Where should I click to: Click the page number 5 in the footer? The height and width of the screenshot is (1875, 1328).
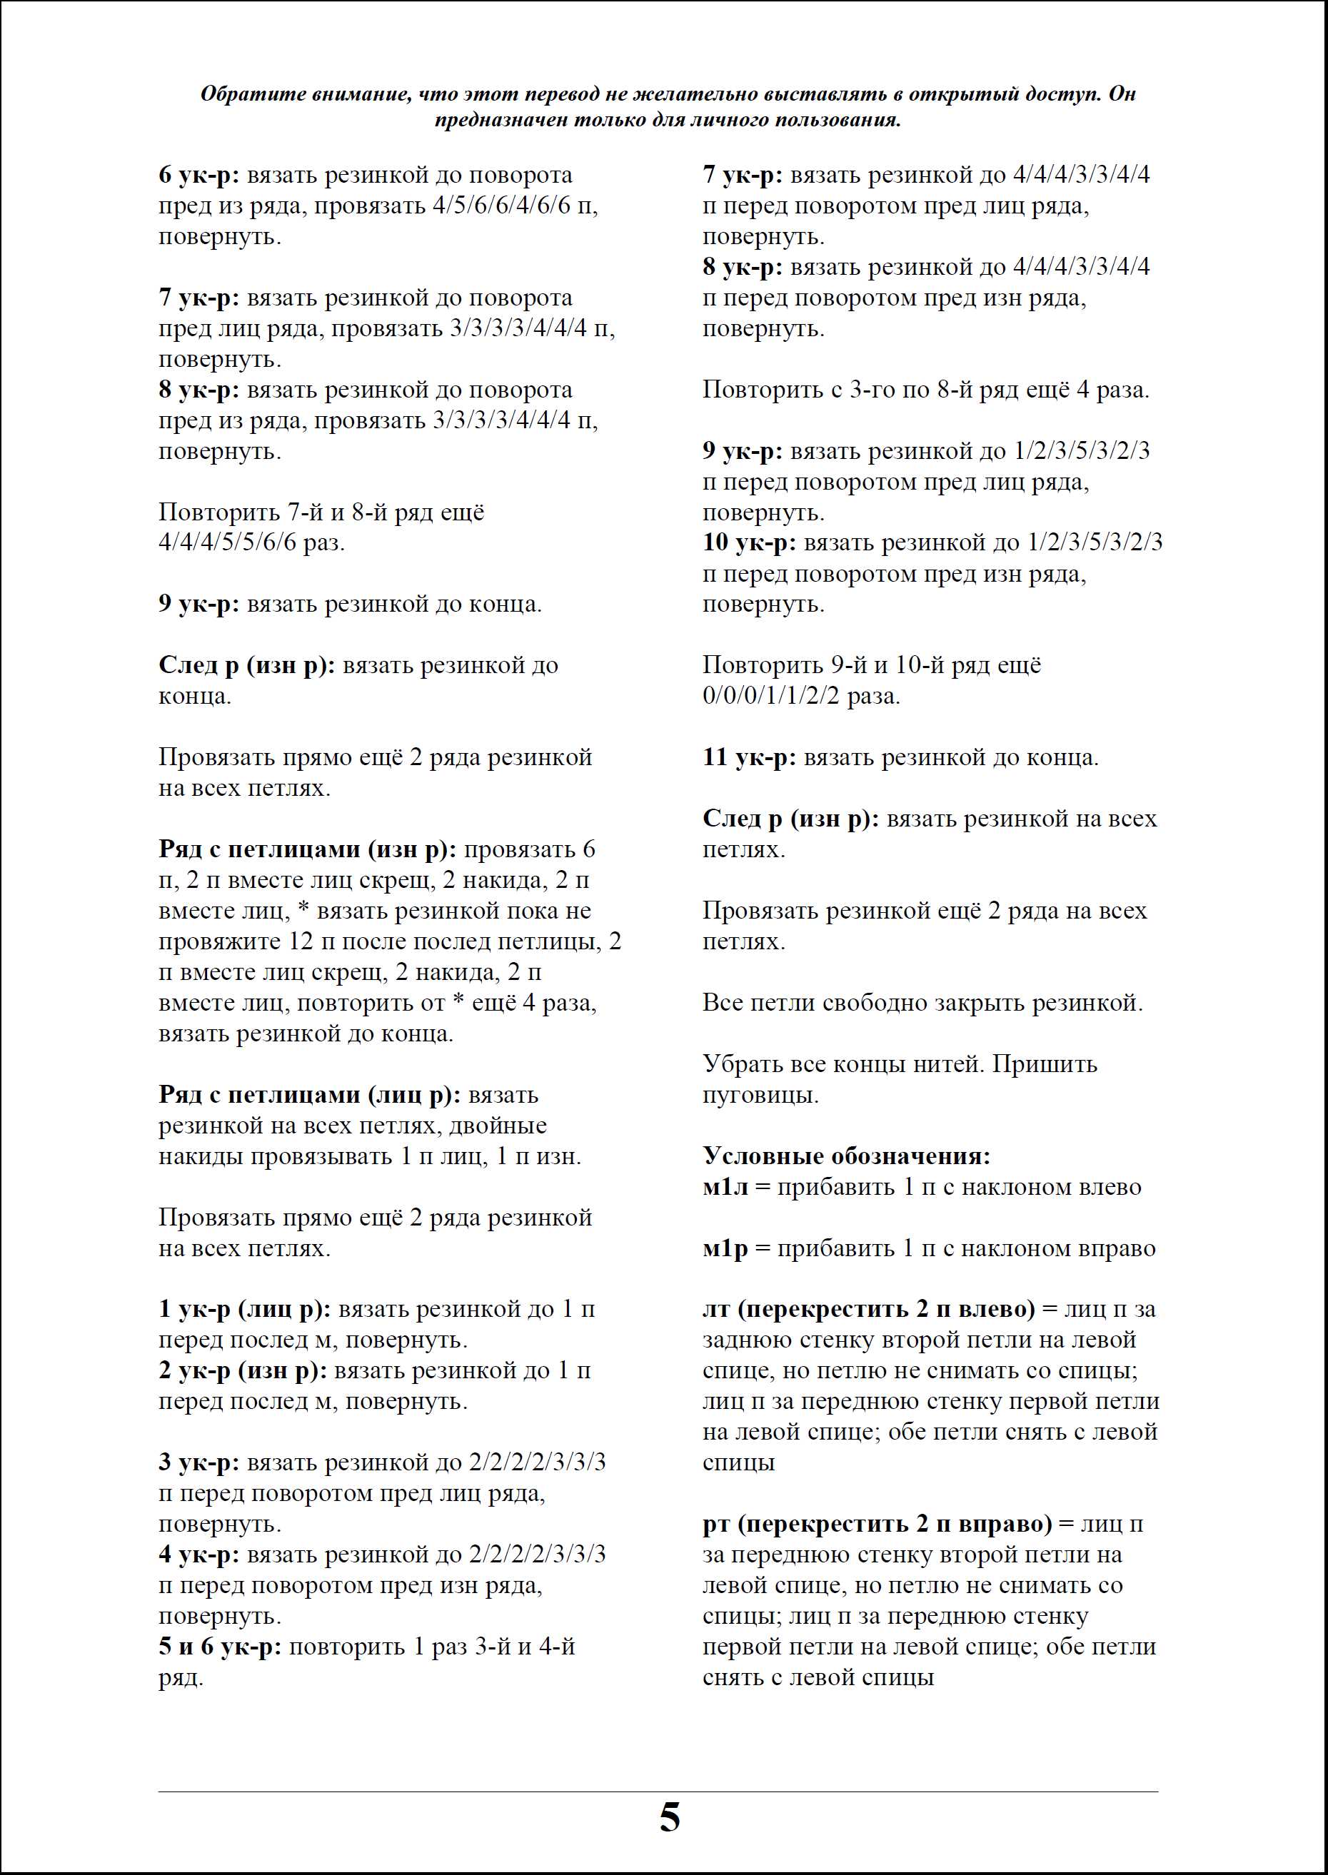tap(669, 1818)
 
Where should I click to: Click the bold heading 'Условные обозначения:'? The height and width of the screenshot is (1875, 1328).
tap(846, 1156)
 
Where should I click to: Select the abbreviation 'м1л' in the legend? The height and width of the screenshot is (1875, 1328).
tap(725, 1187)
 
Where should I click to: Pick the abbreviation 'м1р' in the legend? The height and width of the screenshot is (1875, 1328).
tap(725, 1248)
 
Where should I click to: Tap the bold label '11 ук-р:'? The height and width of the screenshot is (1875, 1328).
tap(749, 758)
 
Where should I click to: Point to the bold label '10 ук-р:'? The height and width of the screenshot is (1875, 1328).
tap(749, 542)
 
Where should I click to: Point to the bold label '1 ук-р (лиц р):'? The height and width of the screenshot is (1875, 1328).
tap(244, 1310)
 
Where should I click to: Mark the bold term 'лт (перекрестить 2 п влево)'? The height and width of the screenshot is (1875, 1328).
tap(868, 1310)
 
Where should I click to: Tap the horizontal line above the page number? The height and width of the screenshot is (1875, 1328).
tap(658, 1791)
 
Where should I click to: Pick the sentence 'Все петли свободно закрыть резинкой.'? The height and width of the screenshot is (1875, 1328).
tap(922, 1003)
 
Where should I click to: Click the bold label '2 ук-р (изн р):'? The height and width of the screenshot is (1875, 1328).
tap(243, 1370)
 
